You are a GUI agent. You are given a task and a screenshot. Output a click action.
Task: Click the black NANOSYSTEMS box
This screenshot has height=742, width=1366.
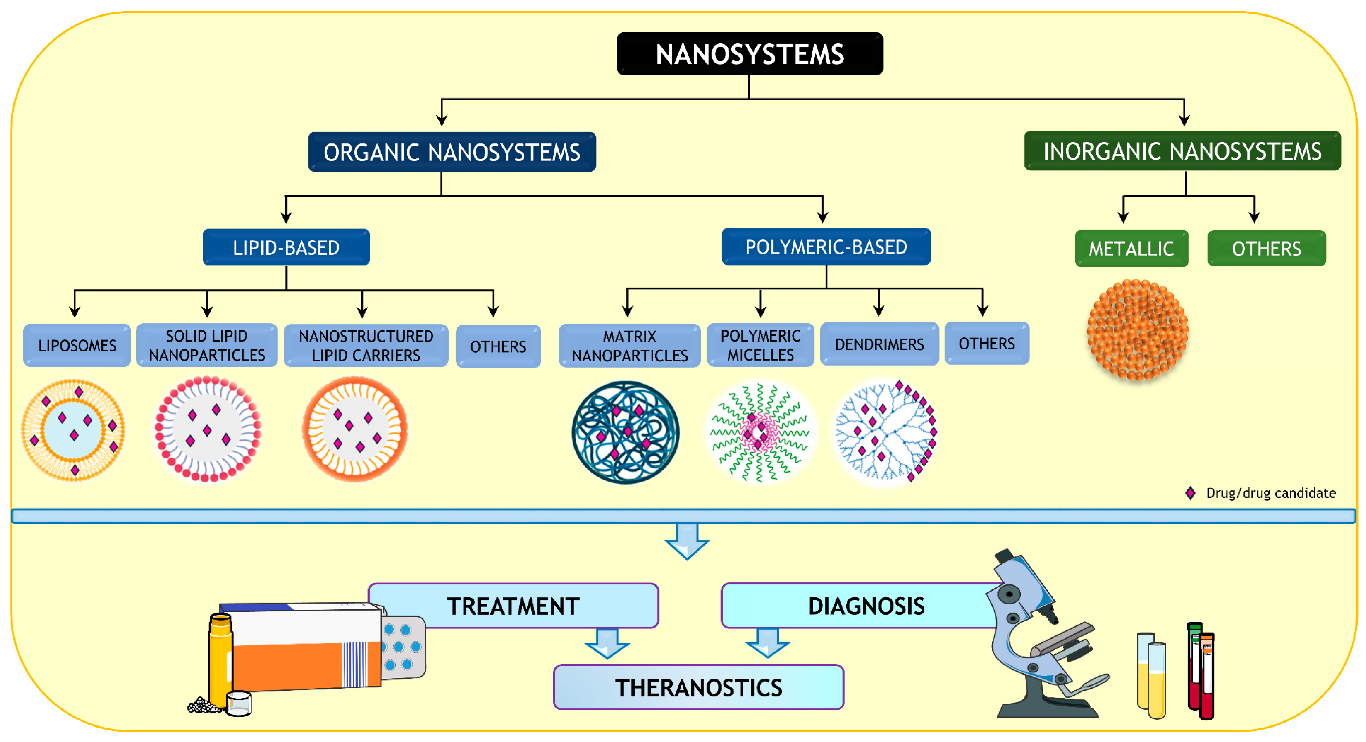[749, 54]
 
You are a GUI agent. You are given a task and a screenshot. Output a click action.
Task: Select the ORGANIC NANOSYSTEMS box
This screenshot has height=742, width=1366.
[452, 152]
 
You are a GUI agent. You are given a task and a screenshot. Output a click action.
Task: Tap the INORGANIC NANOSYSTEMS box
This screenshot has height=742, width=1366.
[1182, 151]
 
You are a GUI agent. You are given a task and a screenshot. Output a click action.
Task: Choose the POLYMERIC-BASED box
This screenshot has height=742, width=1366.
[826, 247]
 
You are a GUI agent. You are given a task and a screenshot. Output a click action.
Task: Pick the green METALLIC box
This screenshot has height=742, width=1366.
[1131, 249]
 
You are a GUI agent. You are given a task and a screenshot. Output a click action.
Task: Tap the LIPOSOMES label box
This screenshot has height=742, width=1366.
[77, 345]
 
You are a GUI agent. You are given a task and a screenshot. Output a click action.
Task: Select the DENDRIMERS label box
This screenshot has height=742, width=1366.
[879, 344]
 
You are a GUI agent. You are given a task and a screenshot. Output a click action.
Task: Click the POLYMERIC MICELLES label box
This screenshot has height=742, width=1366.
[760, 345]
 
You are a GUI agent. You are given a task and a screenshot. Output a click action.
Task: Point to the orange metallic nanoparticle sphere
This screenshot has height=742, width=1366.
[1137, 330]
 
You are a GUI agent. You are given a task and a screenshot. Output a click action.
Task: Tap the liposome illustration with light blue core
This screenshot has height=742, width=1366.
[73, 430]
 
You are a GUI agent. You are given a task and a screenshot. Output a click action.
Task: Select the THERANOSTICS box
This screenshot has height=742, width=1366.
[699, 687]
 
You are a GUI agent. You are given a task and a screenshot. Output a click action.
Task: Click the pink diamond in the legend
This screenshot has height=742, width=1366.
[1190, 493]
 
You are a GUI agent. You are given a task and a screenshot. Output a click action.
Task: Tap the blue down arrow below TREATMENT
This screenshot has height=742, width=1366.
[607, 643]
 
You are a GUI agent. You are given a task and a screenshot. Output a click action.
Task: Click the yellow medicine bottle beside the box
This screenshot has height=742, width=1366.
[220, 660]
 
